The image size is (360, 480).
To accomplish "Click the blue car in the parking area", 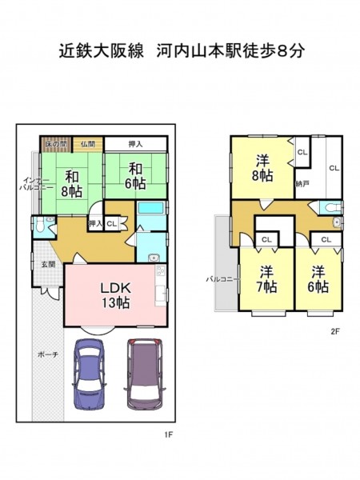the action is pyautogui.click(x=89, y=374).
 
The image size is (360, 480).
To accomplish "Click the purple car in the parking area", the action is pyautogui.click(x=145, y=374).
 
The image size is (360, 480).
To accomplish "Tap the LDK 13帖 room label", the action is pyautogui.click(x=116, y=295).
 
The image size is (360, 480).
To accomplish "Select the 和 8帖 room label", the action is pyautogui.click(x=71, y=184).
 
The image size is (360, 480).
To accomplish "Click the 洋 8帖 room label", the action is pyautogui.click(x=262, y=168).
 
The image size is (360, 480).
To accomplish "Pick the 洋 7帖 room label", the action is pyautogui.click(x=266, y=279).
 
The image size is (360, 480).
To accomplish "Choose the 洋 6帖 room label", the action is pyautogui.click(x=318, y=279).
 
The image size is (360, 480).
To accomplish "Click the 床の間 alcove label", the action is pyautogui.click(x=56, y=144).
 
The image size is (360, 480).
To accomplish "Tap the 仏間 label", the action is pyautogui.click(x=87, y=144).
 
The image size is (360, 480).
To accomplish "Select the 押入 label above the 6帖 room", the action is pyautogui.click(x=135, y=144).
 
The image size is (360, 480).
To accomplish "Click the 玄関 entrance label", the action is pyautogui.click(x=48, y=264).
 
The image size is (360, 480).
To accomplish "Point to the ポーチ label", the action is pyautogui.click(x=48, y=354).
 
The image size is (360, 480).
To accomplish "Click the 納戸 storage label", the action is pyautogui.click(x=302, y=184).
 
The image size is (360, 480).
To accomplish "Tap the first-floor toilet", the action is pyautogui.click(x=39, y=226).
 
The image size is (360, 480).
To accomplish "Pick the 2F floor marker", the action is pyautogui.click(x=335, y=331).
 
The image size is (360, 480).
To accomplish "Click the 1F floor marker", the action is pyautogui.click(x=169, y=434).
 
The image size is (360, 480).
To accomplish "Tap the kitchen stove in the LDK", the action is pyautogui.click(x=160, y=271).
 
